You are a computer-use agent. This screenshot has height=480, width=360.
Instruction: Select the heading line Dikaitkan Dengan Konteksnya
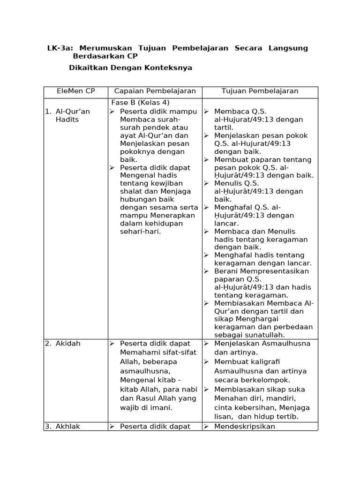point(130,67)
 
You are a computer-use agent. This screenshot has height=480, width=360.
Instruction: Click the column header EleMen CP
point(75,91)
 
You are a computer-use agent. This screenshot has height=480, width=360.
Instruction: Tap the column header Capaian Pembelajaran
point(155,91)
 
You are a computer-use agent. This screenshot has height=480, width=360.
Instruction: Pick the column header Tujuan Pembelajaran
point(260,91)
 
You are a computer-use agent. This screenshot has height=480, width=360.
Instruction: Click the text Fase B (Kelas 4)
point(140,103)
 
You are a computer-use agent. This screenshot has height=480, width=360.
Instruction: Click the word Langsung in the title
point(288,48)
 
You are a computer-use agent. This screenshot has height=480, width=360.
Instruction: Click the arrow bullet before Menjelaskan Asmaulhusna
point(207,343)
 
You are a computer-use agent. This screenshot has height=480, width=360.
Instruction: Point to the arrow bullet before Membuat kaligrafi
point(207,362)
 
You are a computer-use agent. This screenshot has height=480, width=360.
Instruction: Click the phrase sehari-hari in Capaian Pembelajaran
point(140,232)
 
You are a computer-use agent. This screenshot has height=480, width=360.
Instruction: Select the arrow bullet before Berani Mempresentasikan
point(207,271)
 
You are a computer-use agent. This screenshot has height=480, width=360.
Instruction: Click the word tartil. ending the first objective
point(224,127)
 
